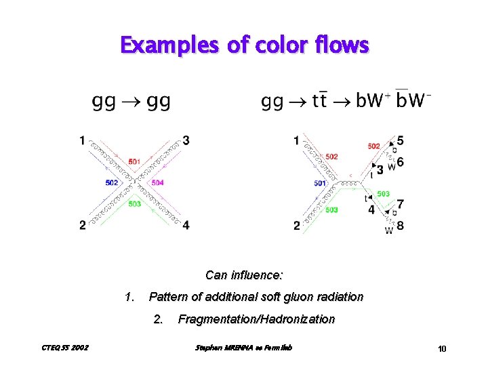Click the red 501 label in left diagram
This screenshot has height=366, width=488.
coord(134,161)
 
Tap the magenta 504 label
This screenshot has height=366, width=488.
coord(157,182)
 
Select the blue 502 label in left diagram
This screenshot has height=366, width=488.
coord(113,182)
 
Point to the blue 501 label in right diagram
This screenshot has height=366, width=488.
coord(321,183)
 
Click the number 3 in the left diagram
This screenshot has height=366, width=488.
coord(186,140)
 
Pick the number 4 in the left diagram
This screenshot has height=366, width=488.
coord(186,225)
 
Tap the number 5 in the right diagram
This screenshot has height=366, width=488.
coord(401,140)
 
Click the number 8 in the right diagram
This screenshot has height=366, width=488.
coord(401,226)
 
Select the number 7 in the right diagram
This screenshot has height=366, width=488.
coord(401,203)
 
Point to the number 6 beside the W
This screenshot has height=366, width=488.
coord(401,162)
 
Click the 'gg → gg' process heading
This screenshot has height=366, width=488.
coord(131,102)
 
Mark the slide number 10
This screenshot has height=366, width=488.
coord(442,349)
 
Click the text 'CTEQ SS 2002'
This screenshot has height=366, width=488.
coord(55,348)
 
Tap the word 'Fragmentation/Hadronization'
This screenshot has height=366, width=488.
coord(256,319)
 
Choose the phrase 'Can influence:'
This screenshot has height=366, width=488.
coord(244,275)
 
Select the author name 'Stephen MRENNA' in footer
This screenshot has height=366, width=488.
coord(218,348)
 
